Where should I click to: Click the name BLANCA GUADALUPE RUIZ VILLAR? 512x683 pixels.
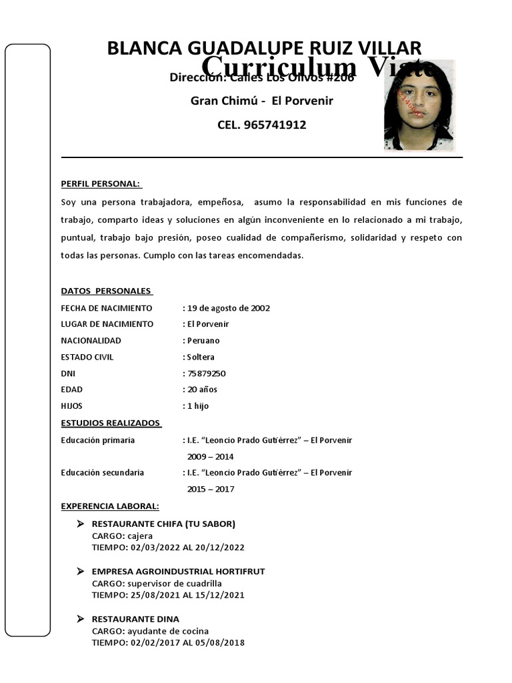click(x=264, y=49)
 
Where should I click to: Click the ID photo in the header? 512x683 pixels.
click(x=419, y=105)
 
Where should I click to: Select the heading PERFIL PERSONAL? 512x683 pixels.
click(x=101, y=184)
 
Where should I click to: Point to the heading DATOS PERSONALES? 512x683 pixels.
click(x=106, y=291)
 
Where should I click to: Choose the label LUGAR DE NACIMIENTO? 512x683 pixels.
click(x=107, y=324)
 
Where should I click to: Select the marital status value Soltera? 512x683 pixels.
click(x=201, y=357)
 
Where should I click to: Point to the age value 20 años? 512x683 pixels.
click(x=202, y=390)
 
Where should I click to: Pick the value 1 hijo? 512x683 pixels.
click(x=198, y=406)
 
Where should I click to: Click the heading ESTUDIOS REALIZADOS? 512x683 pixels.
click(x=111, y=423)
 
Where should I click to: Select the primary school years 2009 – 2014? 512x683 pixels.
click(x=210, y=457)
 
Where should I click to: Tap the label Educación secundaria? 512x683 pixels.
click(x=102, y=473)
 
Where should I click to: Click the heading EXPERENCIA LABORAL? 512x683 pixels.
click(x=109, y=506)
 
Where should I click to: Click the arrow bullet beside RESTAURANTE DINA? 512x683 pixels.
click(x=80, y=619)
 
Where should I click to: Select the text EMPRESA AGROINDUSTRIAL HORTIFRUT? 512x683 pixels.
click(x=178, y=572)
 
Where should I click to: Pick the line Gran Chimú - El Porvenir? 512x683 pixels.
click(x=262, y=101)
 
